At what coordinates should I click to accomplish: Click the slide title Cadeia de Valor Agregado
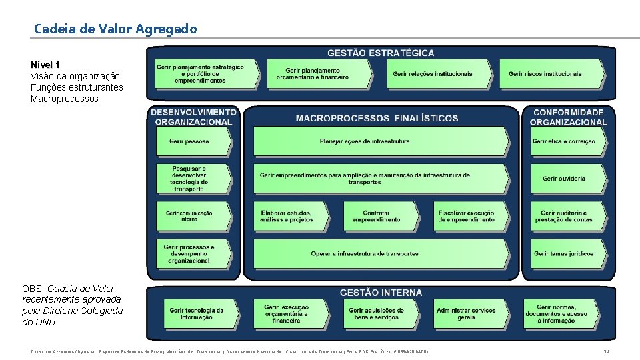(115, 29)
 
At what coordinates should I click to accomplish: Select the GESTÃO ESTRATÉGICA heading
(381, 53)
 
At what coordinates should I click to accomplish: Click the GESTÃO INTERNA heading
(381, 293)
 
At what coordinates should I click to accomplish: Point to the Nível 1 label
(45, 65)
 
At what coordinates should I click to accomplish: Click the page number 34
(606, 351)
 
